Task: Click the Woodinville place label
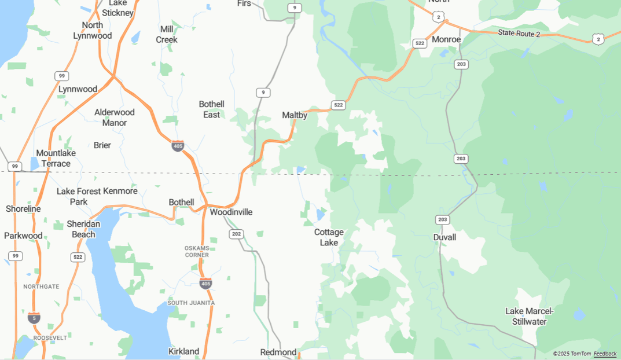tap(231, 212)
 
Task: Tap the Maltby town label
tap(295, 115)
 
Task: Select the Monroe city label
tap(446, 39)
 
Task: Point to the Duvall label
tap(444, 237)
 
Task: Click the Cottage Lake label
tap(329, 237)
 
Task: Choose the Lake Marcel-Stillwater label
tap(529, 316)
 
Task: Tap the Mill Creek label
tap(167, 34)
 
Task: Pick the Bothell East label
tap(211, 109)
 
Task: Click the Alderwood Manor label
tap(115, 117)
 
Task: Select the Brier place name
tap(102, 145)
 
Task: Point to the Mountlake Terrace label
tap(56, 158)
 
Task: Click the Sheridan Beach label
tap(83, 229)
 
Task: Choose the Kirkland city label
tap(183, 351)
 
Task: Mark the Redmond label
tap(278, 352)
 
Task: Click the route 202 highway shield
tap(236, 234)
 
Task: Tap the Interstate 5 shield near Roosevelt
tap(34, 318)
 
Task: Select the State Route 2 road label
tap(519, 34)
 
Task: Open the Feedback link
tap(605, 354)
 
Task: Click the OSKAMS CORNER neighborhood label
tap(197, 251)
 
